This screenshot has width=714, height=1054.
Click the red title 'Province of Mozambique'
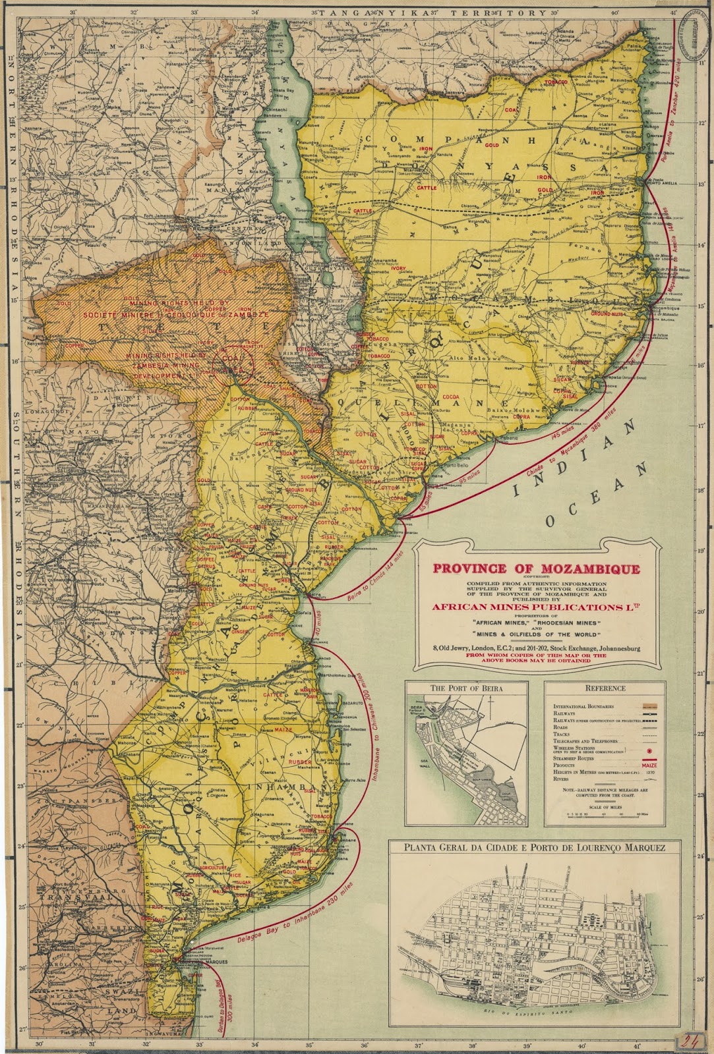click(535, 568)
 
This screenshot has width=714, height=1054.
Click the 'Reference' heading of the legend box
click(605, 688)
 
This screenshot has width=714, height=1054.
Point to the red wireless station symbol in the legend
click(650, 750)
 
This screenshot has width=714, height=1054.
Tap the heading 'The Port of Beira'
click(466, 688)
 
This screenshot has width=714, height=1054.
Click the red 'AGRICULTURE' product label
click(210, 868)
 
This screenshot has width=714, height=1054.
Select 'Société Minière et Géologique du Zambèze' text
click(156, 315)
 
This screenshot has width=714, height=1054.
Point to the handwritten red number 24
click(690, 1041)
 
